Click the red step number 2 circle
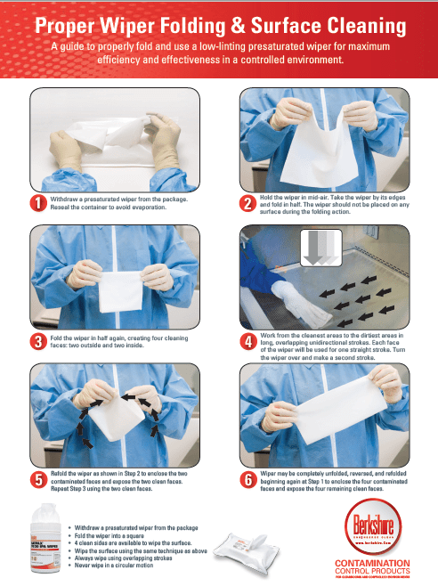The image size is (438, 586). pyautogui.click(x=247, y=203)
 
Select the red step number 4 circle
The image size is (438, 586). pyautogui.click(x=248, y=342)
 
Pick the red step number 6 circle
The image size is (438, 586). pyautogui.click(x=248, y=480)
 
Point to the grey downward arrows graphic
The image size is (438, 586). pyautogui.click(x=316, y=246)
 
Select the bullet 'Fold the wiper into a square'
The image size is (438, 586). pyautogui.click(x=120, y=535)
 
